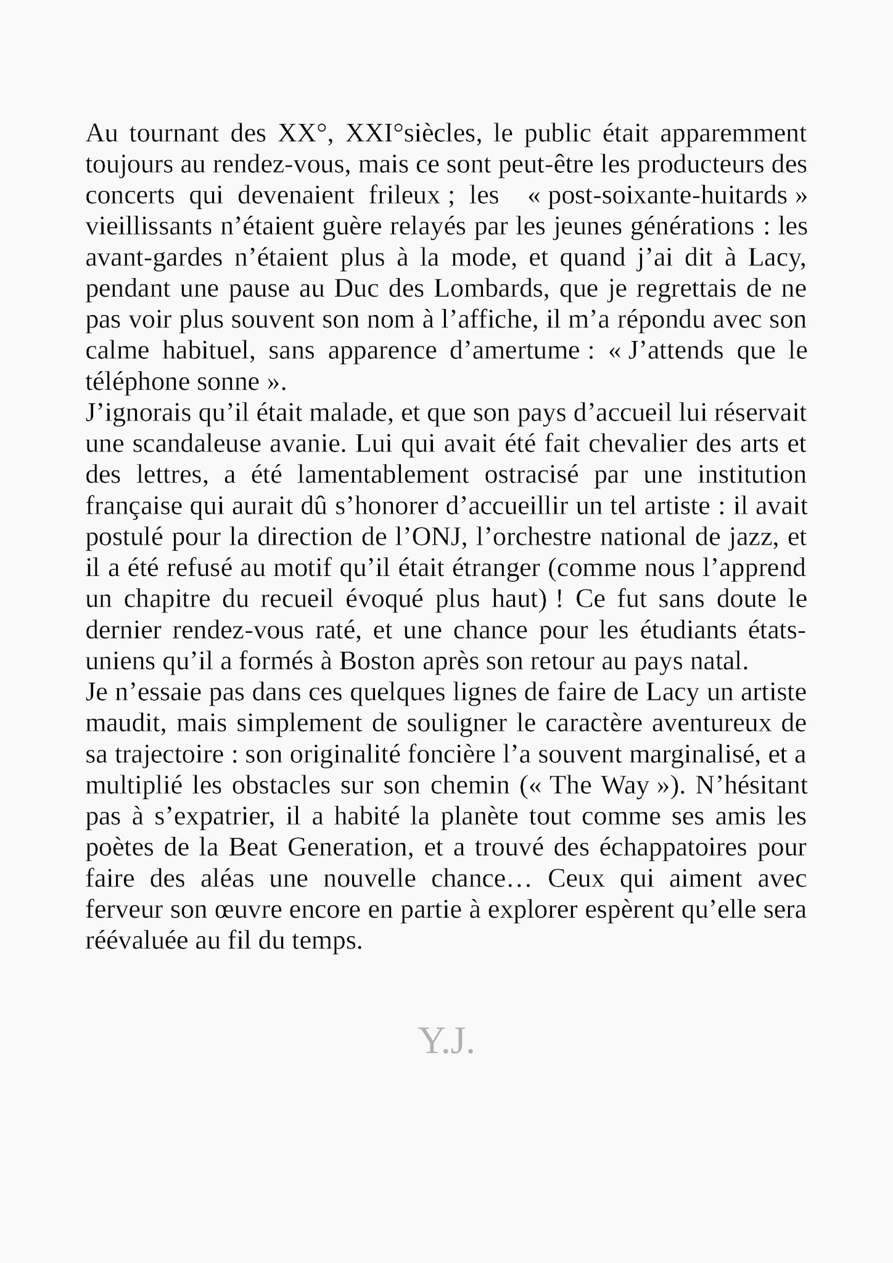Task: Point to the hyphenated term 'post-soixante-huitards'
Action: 667,195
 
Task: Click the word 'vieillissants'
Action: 149,226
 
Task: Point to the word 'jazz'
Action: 754,537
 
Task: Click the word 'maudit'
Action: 125,723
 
